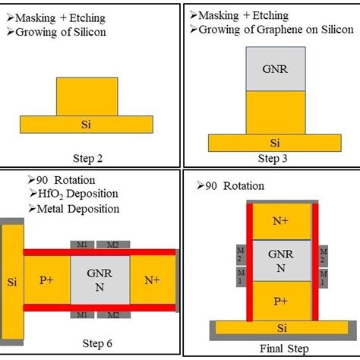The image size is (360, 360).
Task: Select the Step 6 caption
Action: coord(99,343)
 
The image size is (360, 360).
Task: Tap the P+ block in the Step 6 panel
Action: coord(47,278)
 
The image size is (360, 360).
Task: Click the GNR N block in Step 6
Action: coord(100,278)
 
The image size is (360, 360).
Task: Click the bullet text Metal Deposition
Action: coord(78,208)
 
